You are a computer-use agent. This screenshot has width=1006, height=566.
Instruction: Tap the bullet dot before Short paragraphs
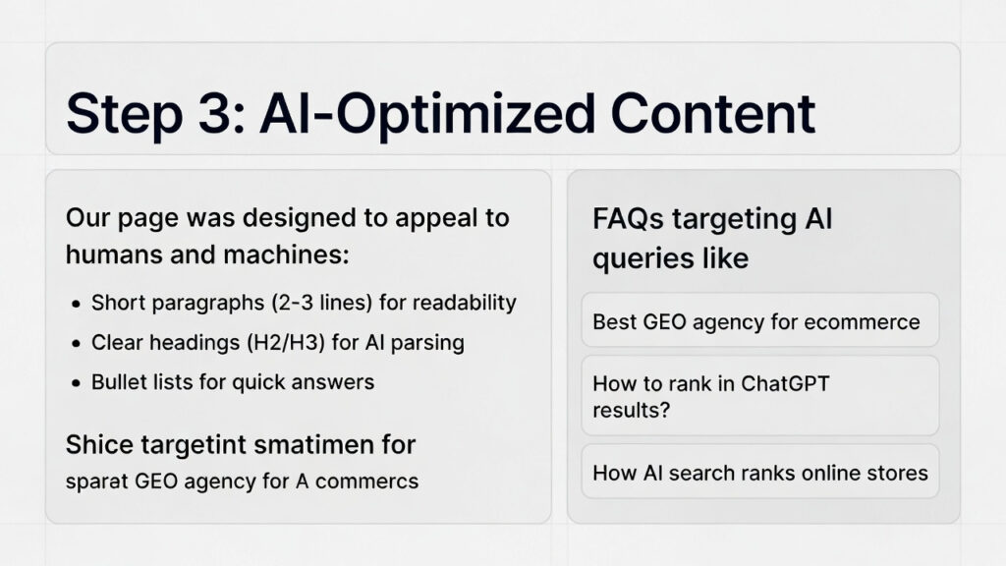pos(77,304)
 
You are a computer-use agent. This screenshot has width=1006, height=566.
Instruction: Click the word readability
pos(464,303)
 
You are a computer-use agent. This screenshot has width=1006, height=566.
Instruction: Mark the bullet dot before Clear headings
pos(77,344)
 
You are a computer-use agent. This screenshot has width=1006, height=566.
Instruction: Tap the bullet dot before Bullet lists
pos(77,383)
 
